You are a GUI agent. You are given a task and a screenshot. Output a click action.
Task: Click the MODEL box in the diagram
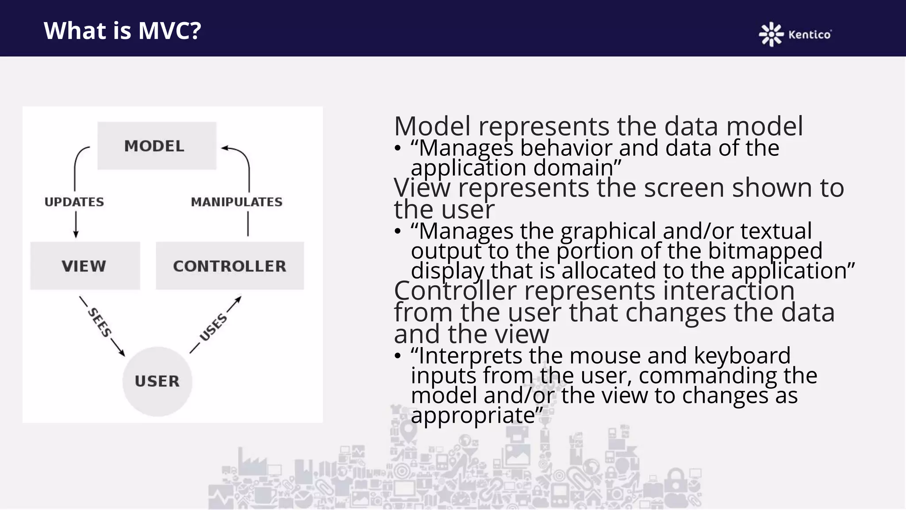[x=157, y=146]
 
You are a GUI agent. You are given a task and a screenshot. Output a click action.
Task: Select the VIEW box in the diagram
[x=84, y=266]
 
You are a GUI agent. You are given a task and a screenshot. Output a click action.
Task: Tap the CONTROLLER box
[x=230, y=266]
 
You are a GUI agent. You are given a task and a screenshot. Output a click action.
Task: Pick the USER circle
[x=157, y=381]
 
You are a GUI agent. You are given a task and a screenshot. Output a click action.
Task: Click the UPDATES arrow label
[x=74, y=202]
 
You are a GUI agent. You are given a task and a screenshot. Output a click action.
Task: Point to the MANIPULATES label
[x=237, y=202]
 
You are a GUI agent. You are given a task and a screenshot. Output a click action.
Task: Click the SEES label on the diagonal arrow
[x=100, y=323]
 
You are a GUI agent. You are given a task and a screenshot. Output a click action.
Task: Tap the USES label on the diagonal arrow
[x=213, y=328]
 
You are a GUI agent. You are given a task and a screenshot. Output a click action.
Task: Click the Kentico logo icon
[x=771, y=34]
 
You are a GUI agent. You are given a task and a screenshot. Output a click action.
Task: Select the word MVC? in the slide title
[x=169, y=31]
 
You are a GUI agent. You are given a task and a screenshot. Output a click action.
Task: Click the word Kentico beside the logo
[x=810, y=35]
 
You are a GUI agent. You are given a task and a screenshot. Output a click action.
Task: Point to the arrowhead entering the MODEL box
[x=224, y=148]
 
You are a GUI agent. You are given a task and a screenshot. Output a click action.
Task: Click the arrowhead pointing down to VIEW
[x=76, y=235]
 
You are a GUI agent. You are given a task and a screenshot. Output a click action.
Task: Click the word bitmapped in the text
[x=765, y=251]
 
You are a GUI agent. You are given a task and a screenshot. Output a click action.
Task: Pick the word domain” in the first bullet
[x=577, y=168]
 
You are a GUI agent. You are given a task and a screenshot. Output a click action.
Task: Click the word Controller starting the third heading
[x=455, y=291]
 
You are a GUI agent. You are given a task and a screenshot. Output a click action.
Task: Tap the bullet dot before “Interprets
[x=398, y=355]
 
